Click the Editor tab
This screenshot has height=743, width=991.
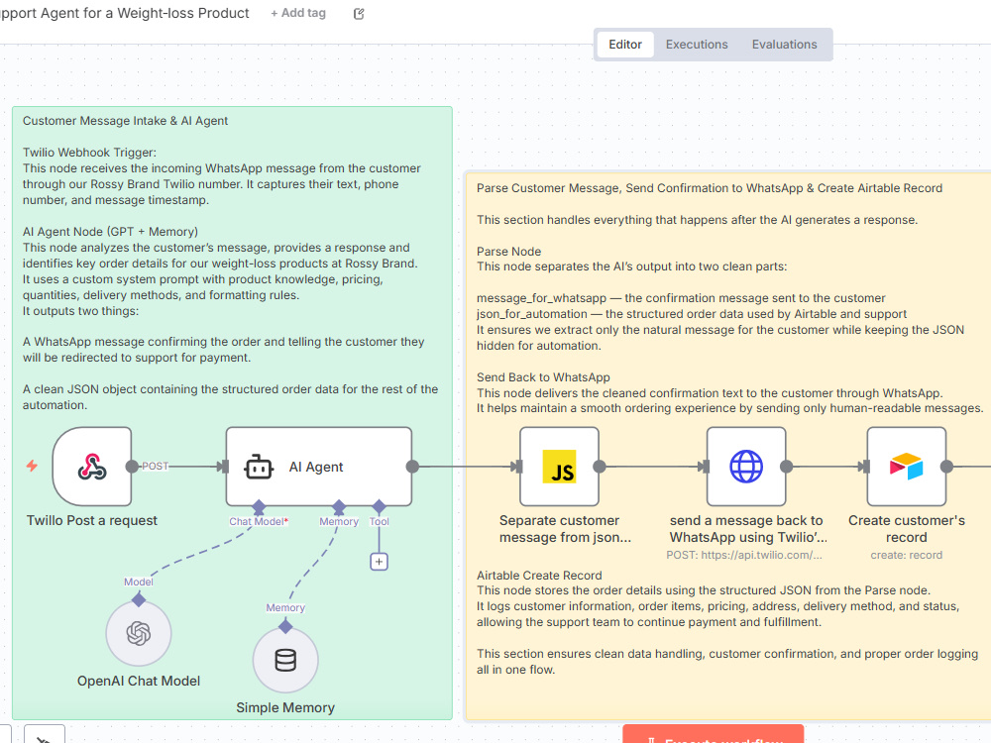(625, 45)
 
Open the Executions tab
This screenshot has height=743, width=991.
(697, 45)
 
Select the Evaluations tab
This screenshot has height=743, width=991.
(784, 45)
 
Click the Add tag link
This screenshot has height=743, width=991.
(298, 13)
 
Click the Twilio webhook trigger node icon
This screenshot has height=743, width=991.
(92, 467)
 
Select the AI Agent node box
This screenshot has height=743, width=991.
(318, 467)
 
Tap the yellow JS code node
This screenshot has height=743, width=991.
(559, 467)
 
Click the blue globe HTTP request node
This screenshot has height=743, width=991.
(746, 467)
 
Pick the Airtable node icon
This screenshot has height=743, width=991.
(907, 467)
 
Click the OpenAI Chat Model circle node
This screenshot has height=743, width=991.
(139, 633)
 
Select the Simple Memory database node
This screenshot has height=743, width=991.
(285, 660)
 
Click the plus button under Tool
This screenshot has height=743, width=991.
(379, 562)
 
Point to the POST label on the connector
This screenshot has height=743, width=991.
(155, 467)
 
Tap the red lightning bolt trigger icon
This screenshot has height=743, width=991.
(32, 466)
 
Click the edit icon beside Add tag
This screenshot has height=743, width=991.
(359, 13)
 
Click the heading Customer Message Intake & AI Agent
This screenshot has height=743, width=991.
(125, 121)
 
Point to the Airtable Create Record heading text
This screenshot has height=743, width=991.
(539, 575)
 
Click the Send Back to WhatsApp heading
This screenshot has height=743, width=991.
(543, 377)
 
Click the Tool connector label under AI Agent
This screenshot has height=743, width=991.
(380, 521)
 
